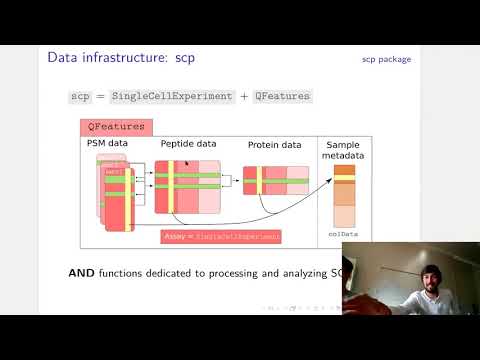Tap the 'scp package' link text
(386, 59)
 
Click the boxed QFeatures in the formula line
(282, 96)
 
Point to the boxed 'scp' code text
(80, 96)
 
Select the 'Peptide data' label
(188, 144)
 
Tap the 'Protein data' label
(274, 145)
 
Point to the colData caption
(343, 234)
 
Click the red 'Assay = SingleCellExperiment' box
(221, 236)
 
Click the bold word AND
(83, 273)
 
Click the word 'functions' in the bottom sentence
(132, 273)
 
